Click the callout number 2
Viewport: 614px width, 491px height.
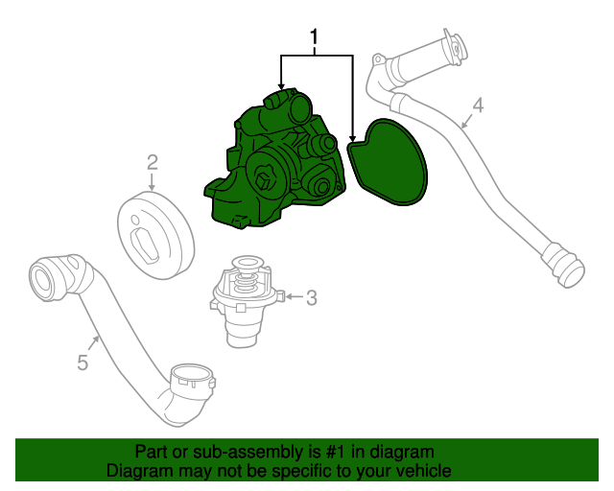click(152, 161)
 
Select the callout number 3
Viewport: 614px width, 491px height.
click(312, 298)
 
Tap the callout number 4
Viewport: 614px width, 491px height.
click(478, 105)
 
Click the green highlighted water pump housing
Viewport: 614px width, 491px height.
click(273, 163)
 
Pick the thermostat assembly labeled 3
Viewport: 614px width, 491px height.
click(245, 302)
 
